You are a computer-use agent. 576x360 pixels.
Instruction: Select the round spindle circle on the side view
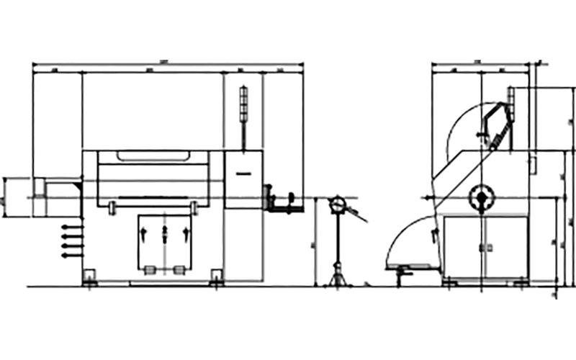[479, 195]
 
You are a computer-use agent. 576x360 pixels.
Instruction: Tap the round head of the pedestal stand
[336, 205]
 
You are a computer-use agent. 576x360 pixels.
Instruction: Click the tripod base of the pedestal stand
[336, 277]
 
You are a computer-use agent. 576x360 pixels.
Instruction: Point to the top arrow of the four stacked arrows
[70, 228]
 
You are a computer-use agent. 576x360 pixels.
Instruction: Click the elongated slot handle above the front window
[152, 154]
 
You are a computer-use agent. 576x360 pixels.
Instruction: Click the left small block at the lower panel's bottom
[151, 270]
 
